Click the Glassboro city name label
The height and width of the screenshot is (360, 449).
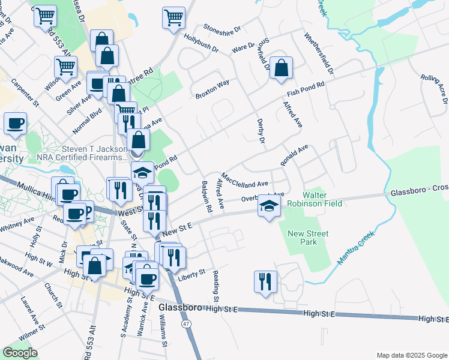180,308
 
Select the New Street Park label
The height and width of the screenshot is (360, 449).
302,238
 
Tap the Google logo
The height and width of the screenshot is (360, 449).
20,352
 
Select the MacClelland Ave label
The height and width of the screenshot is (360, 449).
249,180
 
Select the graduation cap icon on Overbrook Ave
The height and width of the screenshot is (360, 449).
268,207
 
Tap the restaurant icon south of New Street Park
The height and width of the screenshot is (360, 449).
265,281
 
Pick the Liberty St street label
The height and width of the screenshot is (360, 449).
191,273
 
